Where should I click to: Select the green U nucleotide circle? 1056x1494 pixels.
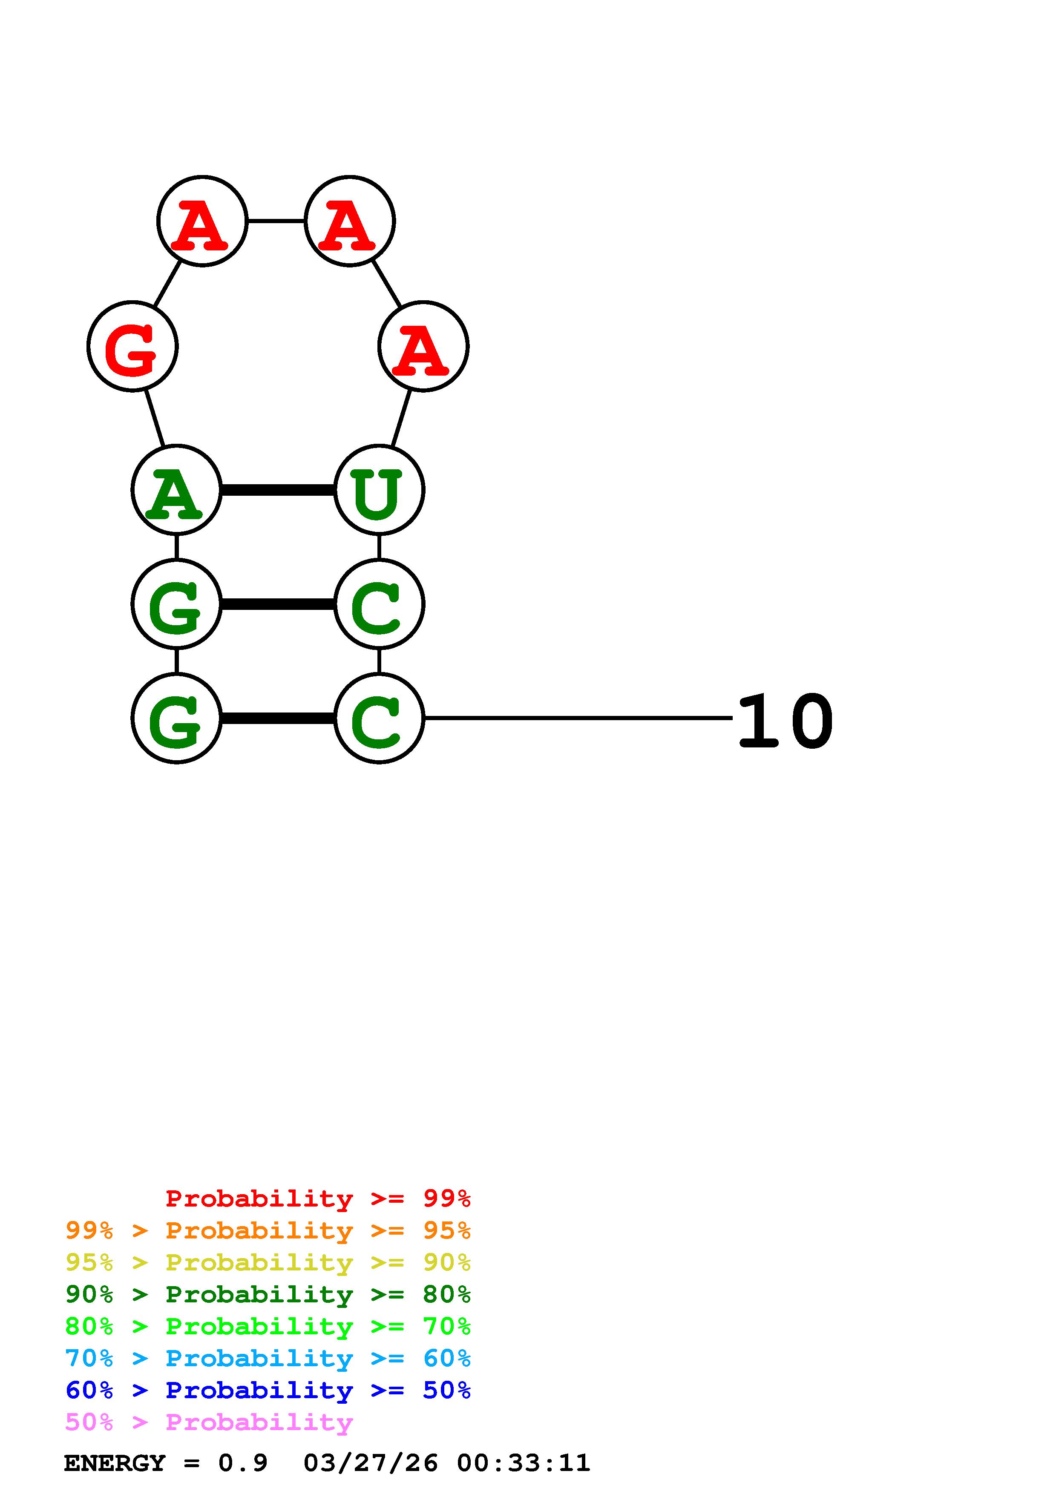pyautogui.click(x=379, y=489)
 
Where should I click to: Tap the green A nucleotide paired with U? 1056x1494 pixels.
pyautogui.click(x=176, y=489)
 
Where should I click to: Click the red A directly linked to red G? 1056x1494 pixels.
pyautogui.click(x=202, y=221)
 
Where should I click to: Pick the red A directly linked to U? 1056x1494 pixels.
pyautogui.click(x=423, y=346)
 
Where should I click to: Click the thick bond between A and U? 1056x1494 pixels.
pyautogui.click(x=278, y=489)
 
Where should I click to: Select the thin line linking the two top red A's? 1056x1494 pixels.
pyautogui.click(x=276, y=221)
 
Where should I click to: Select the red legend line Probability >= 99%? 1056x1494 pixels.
pyautogui.click(x=317, y=1198)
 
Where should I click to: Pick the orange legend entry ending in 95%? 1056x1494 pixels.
pyautogui.click(x=268, y=1230)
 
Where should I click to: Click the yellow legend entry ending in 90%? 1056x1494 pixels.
pyautogui.click(x=268, y=1262)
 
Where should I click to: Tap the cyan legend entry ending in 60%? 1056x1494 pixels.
pyautogui.click(x=268, y=1358)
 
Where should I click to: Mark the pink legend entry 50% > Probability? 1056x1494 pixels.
pyautogui.click(x=208, y=1422)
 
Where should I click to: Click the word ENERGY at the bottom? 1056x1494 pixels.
pyautogui.click(x=115, y=1463)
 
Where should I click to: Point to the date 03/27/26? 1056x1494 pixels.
pyautogui.click(x=370, y=1463)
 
